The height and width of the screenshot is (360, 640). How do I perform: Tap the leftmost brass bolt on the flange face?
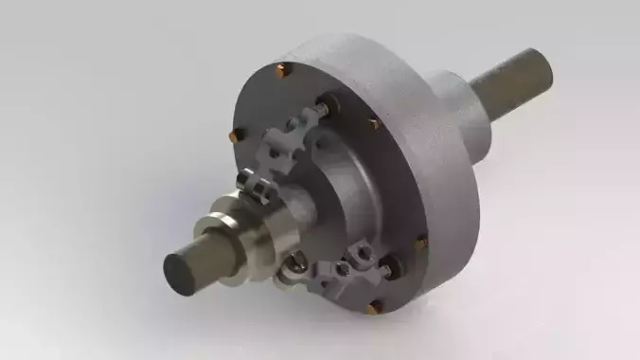coord(231,138)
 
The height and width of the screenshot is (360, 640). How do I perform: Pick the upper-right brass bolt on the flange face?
coord(374,123)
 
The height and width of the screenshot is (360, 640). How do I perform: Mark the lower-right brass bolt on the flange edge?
coord(421,243)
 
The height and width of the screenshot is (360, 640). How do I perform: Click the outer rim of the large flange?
coord(445,189)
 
